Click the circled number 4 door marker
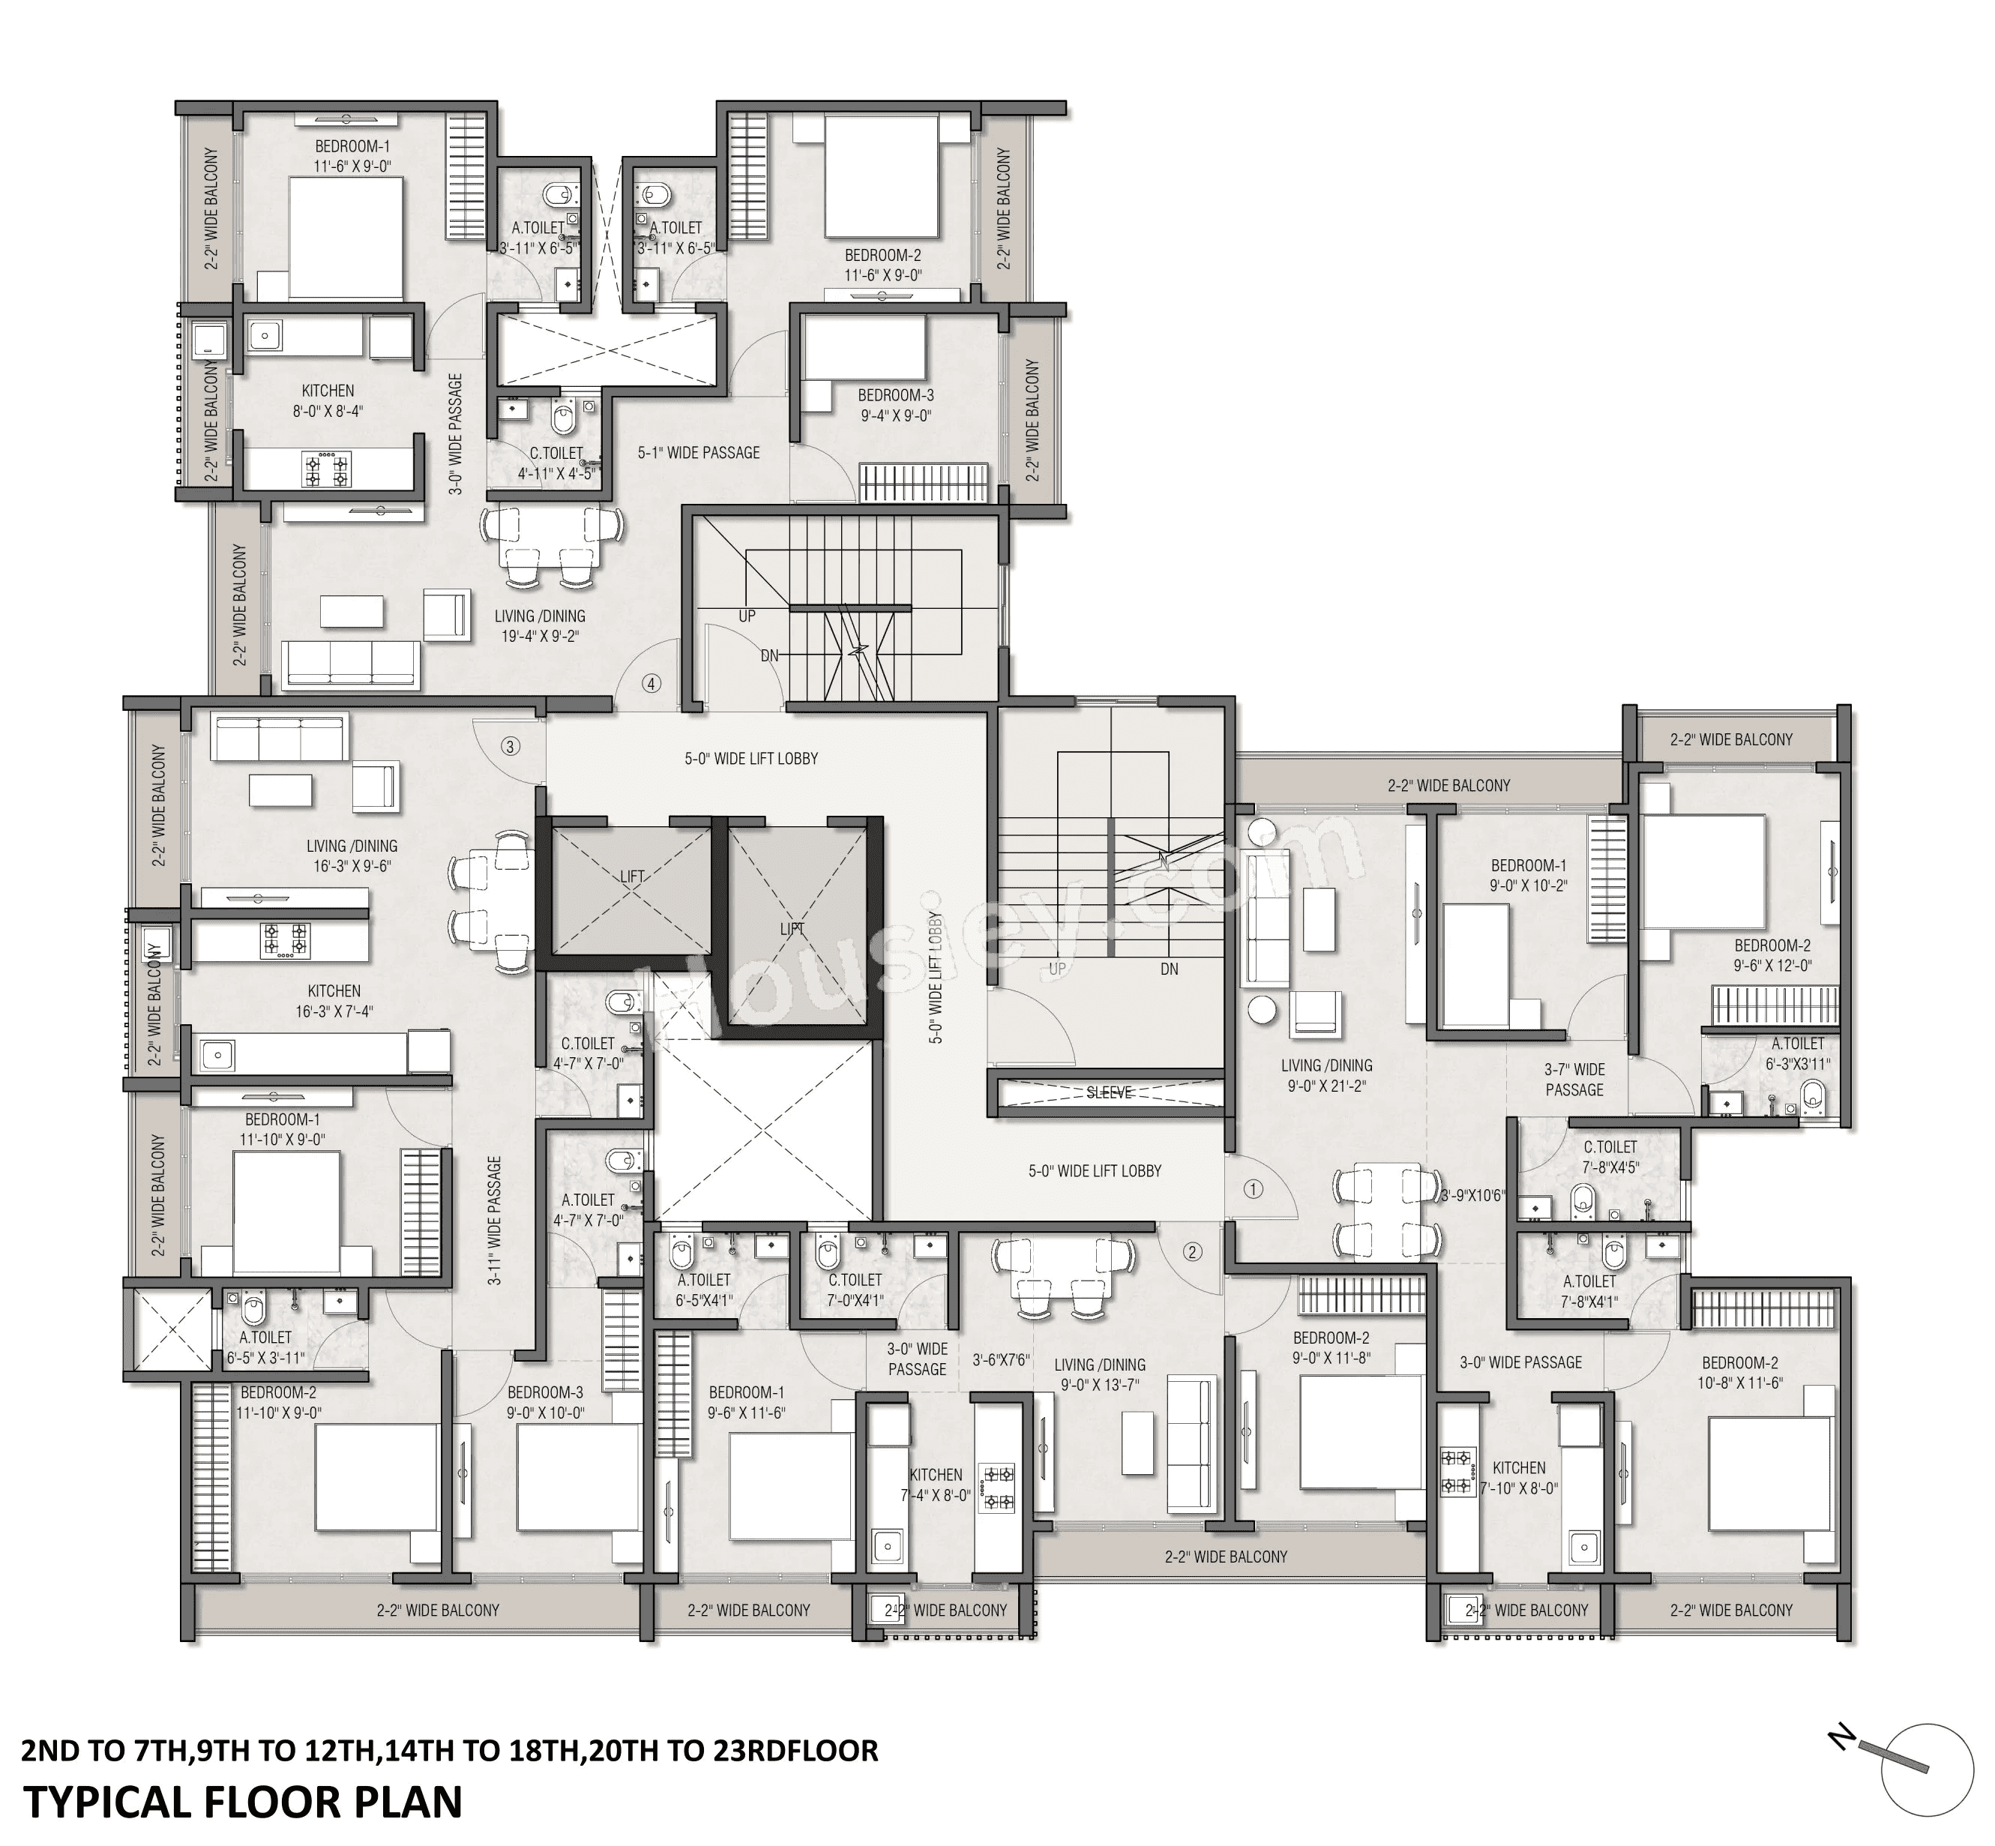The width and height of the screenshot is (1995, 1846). (652, 685)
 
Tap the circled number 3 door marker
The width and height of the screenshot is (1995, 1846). (511, 746)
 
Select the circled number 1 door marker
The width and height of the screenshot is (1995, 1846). (1254, 1188)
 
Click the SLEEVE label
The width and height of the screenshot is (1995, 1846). (1108, 1092)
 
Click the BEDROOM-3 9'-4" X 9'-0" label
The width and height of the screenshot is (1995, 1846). (895, 406)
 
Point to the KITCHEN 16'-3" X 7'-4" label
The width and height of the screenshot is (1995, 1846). (334, 1001)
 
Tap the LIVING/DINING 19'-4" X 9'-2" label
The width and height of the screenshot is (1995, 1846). (540, 625)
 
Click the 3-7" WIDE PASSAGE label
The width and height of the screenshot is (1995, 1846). (1574, 1079)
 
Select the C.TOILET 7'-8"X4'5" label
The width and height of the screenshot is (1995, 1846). (1610, 1157)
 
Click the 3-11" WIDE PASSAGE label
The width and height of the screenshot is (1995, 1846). (495, 1221)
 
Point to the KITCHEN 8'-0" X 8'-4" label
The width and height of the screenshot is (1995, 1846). (328, 400)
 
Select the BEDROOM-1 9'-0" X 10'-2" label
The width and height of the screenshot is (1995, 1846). (1529, 875)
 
